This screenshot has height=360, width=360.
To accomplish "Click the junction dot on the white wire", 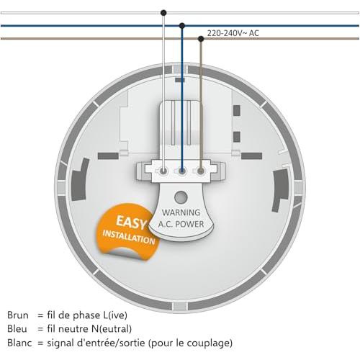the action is pyautogui.click(x=163, y=13).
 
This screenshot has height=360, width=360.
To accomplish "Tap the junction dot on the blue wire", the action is pyautogui.click(x=182, y=25).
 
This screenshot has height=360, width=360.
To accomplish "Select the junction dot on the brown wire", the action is pyautogui.click(x=201, y=39).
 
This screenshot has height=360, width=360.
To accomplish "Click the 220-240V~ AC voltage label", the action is pyautogui.click(x=233, y=33).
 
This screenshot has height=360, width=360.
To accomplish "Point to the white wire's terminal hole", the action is pyautogui.click(x=163, y=171).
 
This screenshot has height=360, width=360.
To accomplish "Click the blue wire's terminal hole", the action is pyautogui.click(x=182, y=171).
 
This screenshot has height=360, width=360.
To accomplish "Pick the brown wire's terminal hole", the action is pyautogui.click(x=201, y=171).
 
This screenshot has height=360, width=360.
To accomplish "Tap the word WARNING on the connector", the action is pyautogui.click(x=181, y=212).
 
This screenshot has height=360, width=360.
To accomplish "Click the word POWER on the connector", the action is pyautogui.click(x=189, y=224).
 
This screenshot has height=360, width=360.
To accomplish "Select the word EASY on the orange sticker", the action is pyautogui.click(x=131, y=222).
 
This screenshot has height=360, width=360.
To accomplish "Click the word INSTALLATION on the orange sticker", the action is pyautogui.click(x=129, y=238).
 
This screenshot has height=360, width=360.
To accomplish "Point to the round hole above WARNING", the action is pyautogui.click(x=181, y=197).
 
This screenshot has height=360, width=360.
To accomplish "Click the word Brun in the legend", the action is pyautogui.click(x=18, y=315).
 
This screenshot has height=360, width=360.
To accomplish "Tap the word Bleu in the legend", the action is pyautogui.click(x=17, y=328).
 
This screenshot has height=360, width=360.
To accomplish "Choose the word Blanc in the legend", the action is pyautogui.click(x=19, y=343).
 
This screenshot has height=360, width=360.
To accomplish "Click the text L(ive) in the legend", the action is pyautogui.click(x=115, y=315).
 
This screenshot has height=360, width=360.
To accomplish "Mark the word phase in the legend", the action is pyautogui.click(x=87, y=315).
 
